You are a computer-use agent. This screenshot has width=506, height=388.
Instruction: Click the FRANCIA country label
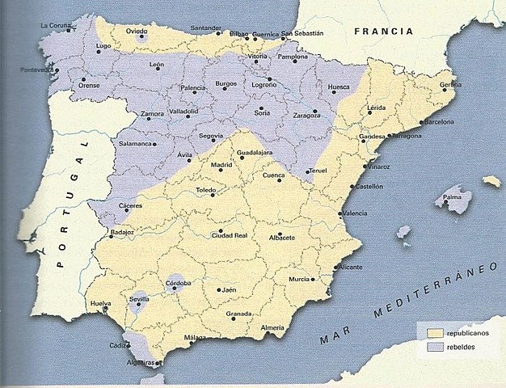click(384, 32)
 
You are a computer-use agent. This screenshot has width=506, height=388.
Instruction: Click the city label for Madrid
click(198, 165)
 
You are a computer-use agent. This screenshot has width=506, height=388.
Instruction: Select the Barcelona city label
click(436, 122)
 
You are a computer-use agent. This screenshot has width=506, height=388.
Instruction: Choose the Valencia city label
click(355, 213)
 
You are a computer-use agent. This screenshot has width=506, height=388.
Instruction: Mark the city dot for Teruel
click(308, 171)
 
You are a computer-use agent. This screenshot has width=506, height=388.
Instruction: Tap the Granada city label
click(239, 314)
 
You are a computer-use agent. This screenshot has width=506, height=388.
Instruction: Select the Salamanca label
click(136, 144)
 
